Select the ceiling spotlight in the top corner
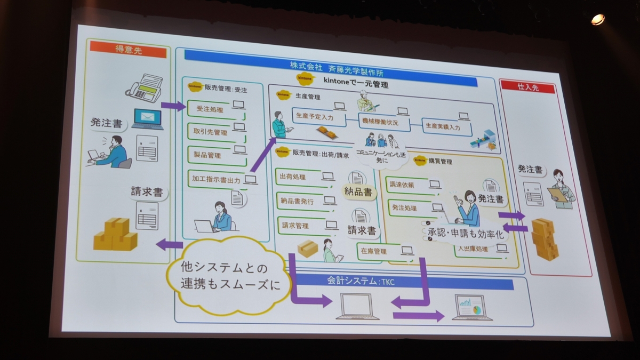[597, 19]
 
